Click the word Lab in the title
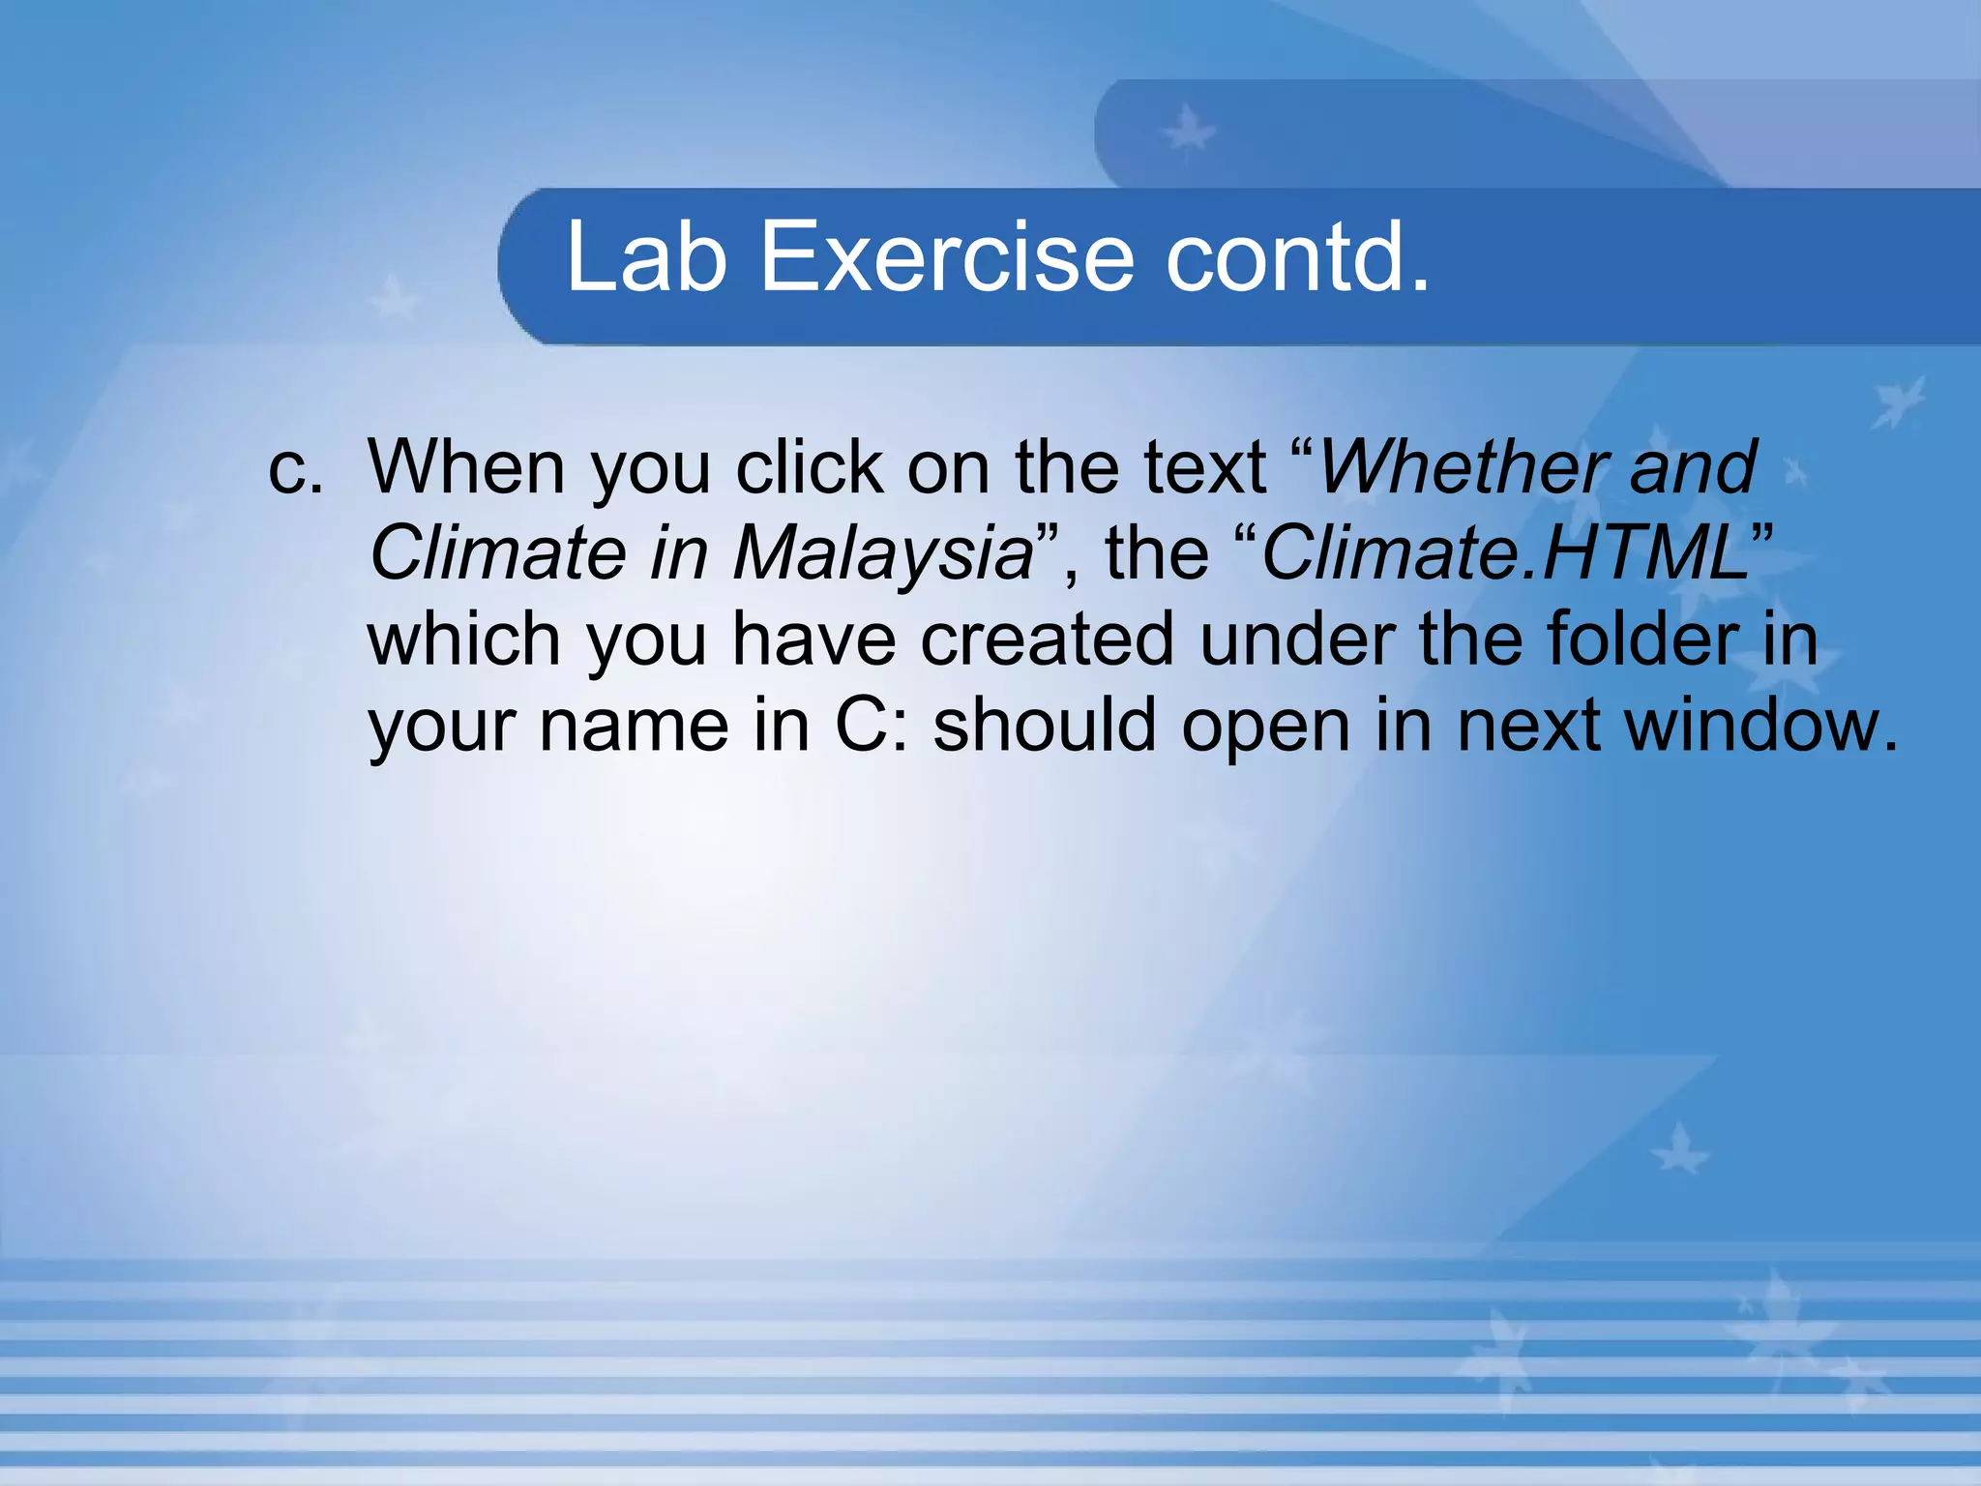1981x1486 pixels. [645, 256]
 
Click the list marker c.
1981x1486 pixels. [294, 468]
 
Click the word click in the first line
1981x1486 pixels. [809, 468]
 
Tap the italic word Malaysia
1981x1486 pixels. [882, 553]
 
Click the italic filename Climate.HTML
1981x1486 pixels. [1505, 553]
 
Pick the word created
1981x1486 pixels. [1047, 639]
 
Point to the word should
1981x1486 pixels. [1044, 726]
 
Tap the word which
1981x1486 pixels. [463, 639]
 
